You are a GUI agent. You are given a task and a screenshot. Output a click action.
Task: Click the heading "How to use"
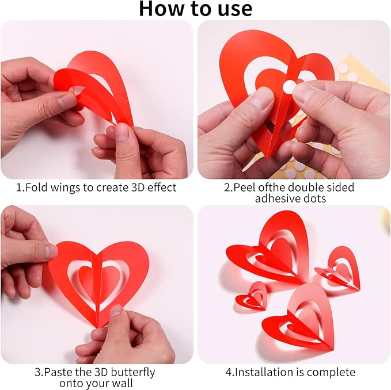195,8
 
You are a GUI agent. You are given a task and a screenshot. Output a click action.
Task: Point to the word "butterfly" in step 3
133,372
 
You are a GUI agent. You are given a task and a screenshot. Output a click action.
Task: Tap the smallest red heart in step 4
252,296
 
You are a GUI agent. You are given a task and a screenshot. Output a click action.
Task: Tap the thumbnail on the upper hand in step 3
50,251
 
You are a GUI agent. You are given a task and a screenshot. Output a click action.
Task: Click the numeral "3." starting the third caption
38,372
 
